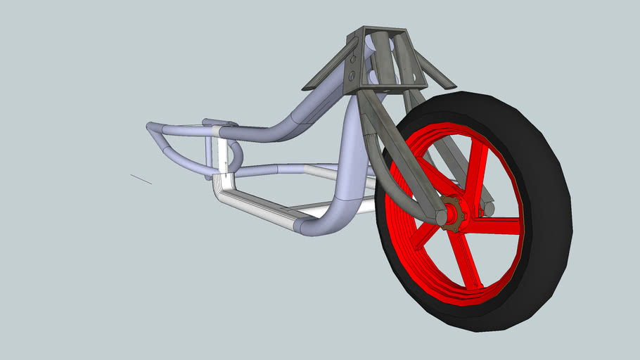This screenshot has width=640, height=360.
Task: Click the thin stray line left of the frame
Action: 141,179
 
